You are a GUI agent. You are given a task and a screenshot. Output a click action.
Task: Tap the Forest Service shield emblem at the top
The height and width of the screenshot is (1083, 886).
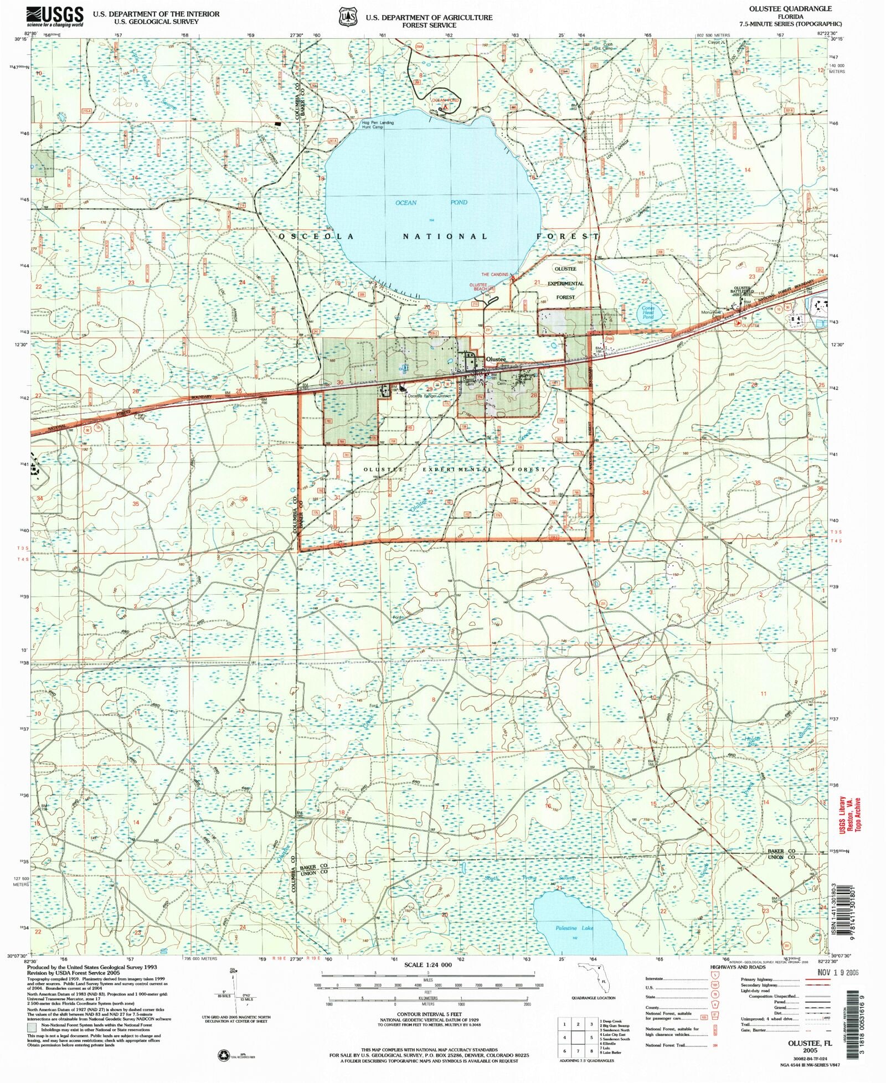[x=348, y=17]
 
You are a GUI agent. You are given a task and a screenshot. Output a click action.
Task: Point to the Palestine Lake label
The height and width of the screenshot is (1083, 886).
[x=574, y=928]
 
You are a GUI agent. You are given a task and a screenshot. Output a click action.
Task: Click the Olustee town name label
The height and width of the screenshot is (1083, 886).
[x=496, y=359]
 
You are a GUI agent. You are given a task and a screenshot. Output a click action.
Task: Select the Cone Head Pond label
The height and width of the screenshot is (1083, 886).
[x=647, y=312]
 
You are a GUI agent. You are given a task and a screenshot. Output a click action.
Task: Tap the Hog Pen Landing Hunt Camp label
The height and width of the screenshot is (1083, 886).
[x=378, y=125]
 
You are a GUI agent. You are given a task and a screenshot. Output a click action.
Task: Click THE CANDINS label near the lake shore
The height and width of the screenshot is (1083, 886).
[x=494, y=275]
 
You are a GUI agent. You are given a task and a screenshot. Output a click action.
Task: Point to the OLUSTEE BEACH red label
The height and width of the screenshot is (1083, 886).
[x=478, y=287]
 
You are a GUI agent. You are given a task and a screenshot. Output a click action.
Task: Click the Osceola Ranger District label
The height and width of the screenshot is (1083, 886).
[x=429, y=396]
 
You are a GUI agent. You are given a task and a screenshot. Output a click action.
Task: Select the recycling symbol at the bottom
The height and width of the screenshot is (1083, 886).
[x=225, y=1055]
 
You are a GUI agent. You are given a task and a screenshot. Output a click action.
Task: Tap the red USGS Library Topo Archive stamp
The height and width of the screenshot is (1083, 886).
[x=850, y=814]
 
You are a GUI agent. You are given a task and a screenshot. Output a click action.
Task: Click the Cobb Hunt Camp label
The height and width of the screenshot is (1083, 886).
[x=607, y=46]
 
